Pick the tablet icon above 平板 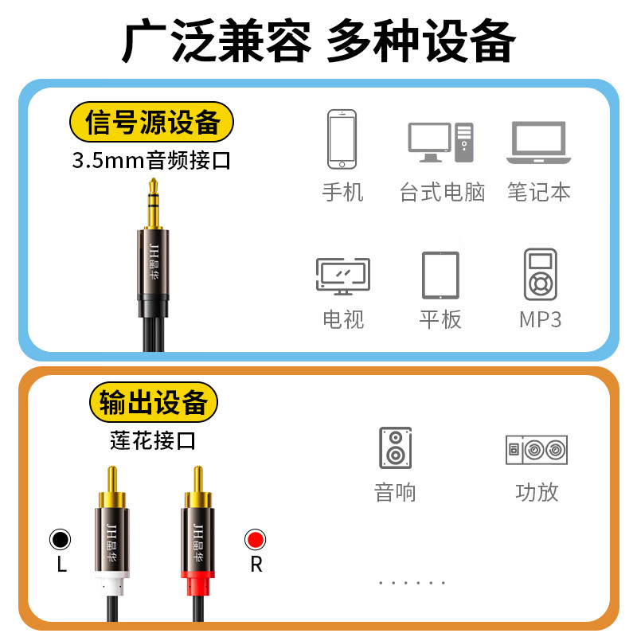[440, 276]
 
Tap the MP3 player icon [540, 275]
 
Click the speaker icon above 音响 [395, 448]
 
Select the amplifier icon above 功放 [537, 450]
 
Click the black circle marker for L [60, 540]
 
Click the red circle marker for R [256, 540]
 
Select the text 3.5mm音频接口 [151, 161]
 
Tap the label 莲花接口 [153, 440]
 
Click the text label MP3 [540, 320]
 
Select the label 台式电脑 [442, 193]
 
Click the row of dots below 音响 [412, 583]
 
